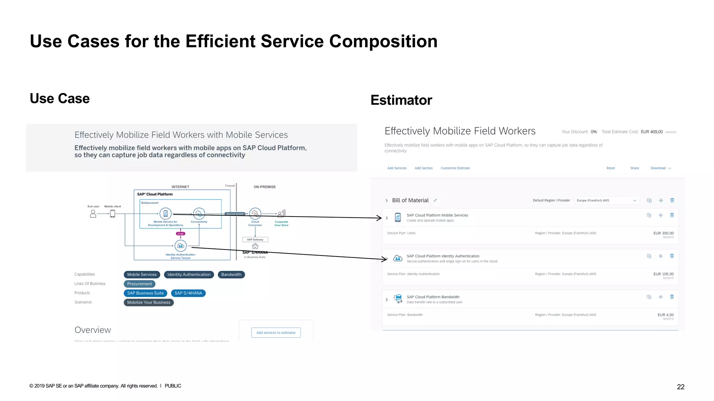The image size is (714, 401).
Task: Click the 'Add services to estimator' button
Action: pyautogui.click(x=276, y=333)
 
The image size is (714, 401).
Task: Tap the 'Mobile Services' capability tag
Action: pyautogui.click(x=142, y=275)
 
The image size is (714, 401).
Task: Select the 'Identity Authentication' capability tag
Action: pyautogui.click(x=189, y=275)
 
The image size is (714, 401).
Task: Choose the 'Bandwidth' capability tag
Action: pyautogui.click(x=231, y=275)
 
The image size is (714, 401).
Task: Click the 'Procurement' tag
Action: pyautogui.click(x=139, y=284)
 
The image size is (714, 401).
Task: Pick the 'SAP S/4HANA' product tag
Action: pyautogui.click(x=188, y=293)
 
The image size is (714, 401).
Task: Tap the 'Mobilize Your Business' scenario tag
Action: pyautogui.click(x=149, y=302)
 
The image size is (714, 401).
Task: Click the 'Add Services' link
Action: pyautogui.click(x=397, y=168)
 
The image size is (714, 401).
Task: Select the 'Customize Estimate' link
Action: pyautogui.click(x=455, y=168)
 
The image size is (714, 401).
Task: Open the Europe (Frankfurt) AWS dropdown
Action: pyautogui.click(x=606, y=200)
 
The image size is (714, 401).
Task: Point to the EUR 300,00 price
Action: pyautogui.click(x=663, y=233)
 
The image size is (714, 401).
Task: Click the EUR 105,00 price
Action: pyautogui.click(x=663, y=274)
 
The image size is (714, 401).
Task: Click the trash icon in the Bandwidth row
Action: pyautogui.click(x=672, y=297)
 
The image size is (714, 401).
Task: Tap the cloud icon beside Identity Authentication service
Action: pyautogui.click(x=398, y=258)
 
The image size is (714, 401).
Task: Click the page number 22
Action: pyautogui.click(x=681, y=387)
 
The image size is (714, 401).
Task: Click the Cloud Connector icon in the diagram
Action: pyautogui.click(x=255, y=213)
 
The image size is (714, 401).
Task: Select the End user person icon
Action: pyautogui.click(x=93, y=213)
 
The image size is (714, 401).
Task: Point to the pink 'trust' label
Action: pyautogui.click(x=181, y=234)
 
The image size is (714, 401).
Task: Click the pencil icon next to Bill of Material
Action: pyautogui.click(x=435, y=200)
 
